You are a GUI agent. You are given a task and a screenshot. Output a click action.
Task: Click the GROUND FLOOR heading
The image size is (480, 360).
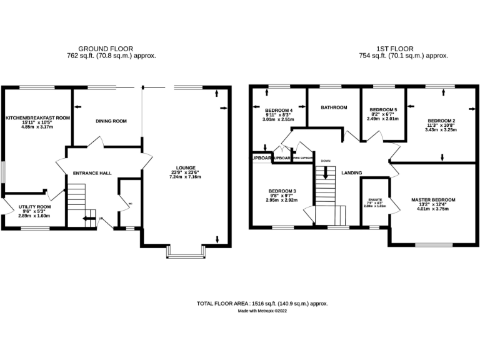[105, 49]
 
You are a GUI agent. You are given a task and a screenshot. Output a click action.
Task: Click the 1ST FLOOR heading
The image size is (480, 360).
[394, 49]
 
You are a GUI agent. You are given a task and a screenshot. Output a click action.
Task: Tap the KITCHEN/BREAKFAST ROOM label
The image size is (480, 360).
[37, 117]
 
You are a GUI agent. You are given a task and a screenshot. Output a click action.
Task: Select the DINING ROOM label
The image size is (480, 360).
[111, 121]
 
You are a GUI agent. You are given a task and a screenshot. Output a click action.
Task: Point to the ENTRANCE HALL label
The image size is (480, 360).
[92, 172]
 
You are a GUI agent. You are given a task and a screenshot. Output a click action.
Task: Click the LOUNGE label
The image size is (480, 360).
[186, 167]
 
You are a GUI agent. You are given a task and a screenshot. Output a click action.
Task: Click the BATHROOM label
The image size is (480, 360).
[334, 107]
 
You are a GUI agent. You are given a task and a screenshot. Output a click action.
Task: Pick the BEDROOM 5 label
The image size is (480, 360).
[383, 109]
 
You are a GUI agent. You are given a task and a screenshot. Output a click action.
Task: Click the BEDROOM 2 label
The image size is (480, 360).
[441, 121]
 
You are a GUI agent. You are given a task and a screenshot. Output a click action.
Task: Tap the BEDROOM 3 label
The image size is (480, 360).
[281, 191]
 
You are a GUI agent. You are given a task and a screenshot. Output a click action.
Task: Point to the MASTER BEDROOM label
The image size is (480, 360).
[433, 200]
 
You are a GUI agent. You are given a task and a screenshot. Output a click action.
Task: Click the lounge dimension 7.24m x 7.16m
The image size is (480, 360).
[186, 177]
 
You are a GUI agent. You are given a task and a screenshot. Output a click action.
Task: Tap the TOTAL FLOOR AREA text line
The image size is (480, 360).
[262, 303]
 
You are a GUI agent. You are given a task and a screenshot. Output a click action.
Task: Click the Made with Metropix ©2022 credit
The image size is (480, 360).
[262, 311]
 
